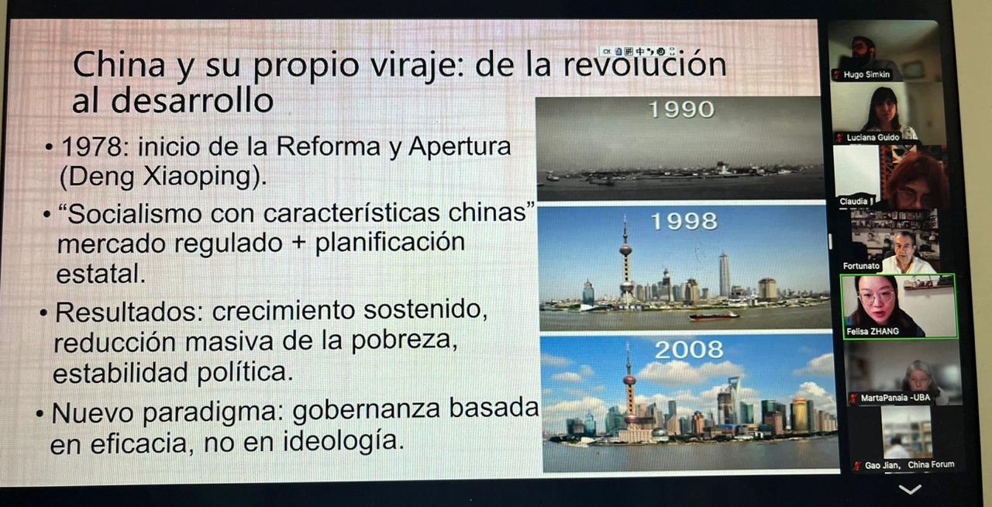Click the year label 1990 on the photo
tap(681, 109)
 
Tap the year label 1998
tap(684, 221)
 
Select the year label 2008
tap(689, 350)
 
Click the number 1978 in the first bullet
tap(91, 147)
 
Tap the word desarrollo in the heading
tap(191, 101)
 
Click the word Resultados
tap(126, 312)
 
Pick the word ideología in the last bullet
tap(343, 441)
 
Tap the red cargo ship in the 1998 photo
tap(714, 316)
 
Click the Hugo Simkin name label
tap(866, 74)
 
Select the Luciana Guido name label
tap(873, 137)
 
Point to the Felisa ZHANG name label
tap(873, 331)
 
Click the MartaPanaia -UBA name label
tap(895, 398)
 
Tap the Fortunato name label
tap(861, 266)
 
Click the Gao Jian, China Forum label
tap(909, 465)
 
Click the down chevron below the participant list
tap(910, 489)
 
